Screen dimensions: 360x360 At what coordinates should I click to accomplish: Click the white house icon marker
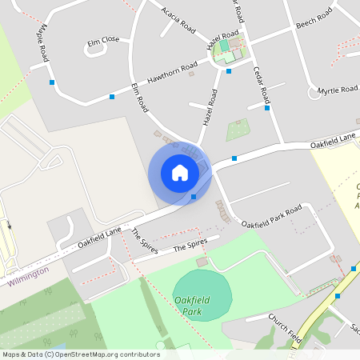pos(179,173)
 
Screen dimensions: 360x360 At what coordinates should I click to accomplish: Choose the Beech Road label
pos(314,19)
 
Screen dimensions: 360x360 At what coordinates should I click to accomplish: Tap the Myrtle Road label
pos(338,90)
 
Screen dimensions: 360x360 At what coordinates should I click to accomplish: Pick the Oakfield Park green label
pos(192,305)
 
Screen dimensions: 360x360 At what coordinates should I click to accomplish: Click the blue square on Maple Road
pos(52,82)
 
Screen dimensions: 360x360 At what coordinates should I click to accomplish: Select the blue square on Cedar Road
pos(267,108)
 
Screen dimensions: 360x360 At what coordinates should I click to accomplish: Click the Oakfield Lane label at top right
pos(333,142)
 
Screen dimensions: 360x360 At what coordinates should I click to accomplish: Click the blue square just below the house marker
pos(194,196)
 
